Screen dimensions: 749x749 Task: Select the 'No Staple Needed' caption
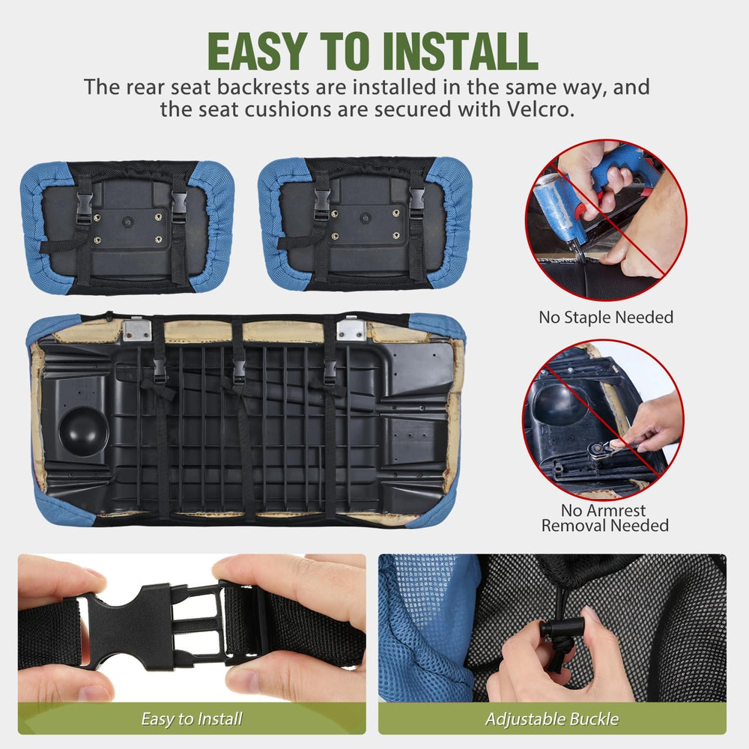tap(606, 317)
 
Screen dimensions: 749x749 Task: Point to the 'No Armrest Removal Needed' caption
tap(604, 518)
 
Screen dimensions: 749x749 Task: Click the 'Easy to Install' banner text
tap(192, 719)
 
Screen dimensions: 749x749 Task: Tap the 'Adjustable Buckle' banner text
tap(552, 719)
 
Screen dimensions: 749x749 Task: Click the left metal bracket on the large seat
tap(138, 330)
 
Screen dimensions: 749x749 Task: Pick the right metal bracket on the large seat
tap(351, 329)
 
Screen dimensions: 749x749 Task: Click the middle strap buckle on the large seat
tap(239, 372)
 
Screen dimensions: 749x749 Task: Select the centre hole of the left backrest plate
tap(127, 222)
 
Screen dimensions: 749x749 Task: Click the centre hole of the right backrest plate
tap(366, 218)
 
